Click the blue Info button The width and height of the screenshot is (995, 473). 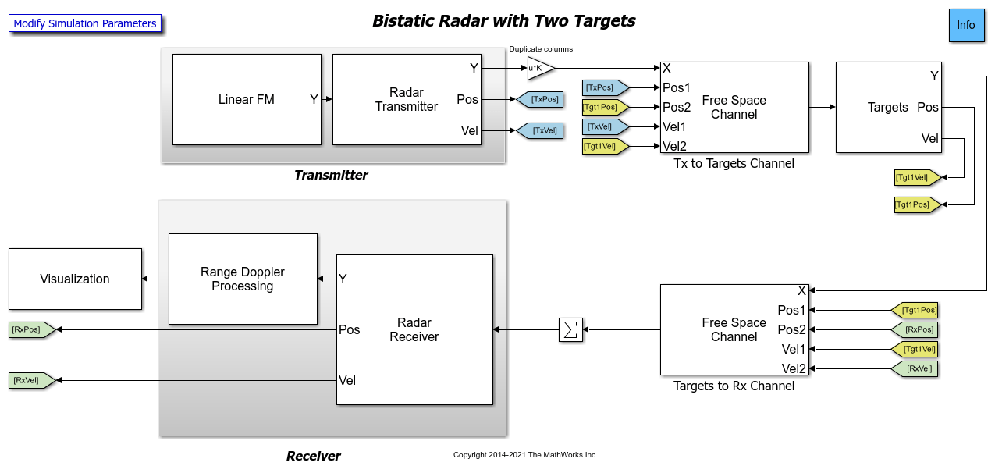[966, 25]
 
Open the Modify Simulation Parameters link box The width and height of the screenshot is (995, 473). [85, 23]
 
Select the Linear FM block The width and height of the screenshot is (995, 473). [247, 99]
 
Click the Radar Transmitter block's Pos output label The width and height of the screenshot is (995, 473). [467, 99]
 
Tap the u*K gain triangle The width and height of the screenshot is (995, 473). [539, 68]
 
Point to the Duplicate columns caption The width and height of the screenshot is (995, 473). [541, 49]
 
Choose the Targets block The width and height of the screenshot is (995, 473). [888, 107]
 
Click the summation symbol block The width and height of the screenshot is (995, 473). [570, 329]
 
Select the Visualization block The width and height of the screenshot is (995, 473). [75, 279]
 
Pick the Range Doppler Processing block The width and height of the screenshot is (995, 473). [243, 279]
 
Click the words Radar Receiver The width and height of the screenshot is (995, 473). [414, 329]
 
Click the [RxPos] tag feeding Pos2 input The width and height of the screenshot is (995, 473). [915, 329]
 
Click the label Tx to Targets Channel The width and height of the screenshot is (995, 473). [734, 164]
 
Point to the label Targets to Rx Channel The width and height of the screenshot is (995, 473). [734, 386]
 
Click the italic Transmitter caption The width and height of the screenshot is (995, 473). [331, 176]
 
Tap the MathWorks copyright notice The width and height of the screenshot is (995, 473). [525, 455]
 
